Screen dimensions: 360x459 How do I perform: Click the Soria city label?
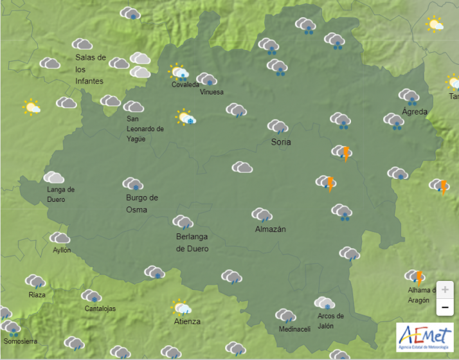281,141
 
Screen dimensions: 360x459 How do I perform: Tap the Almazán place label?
270,230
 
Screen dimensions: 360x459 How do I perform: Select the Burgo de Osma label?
141,203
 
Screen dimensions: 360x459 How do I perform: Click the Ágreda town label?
414,111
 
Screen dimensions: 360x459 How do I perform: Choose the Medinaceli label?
294,329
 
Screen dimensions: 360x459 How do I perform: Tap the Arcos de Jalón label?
330,320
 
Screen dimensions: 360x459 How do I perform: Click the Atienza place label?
187,321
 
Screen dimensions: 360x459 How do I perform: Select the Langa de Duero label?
60,194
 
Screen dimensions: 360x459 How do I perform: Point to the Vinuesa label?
212,92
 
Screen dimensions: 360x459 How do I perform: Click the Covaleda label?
185,84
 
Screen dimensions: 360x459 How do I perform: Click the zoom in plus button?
444,289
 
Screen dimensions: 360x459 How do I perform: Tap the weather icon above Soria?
278,127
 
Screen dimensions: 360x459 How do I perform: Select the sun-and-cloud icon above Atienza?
181,307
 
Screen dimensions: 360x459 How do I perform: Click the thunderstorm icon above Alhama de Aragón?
415,276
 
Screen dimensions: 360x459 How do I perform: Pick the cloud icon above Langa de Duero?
54,177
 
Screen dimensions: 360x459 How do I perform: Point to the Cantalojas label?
100,309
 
